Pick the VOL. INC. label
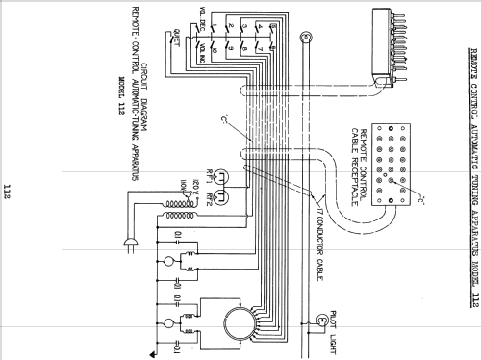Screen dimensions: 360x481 pos(203,45)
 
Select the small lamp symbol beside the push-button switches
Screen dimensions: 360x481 pos(306,39)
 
